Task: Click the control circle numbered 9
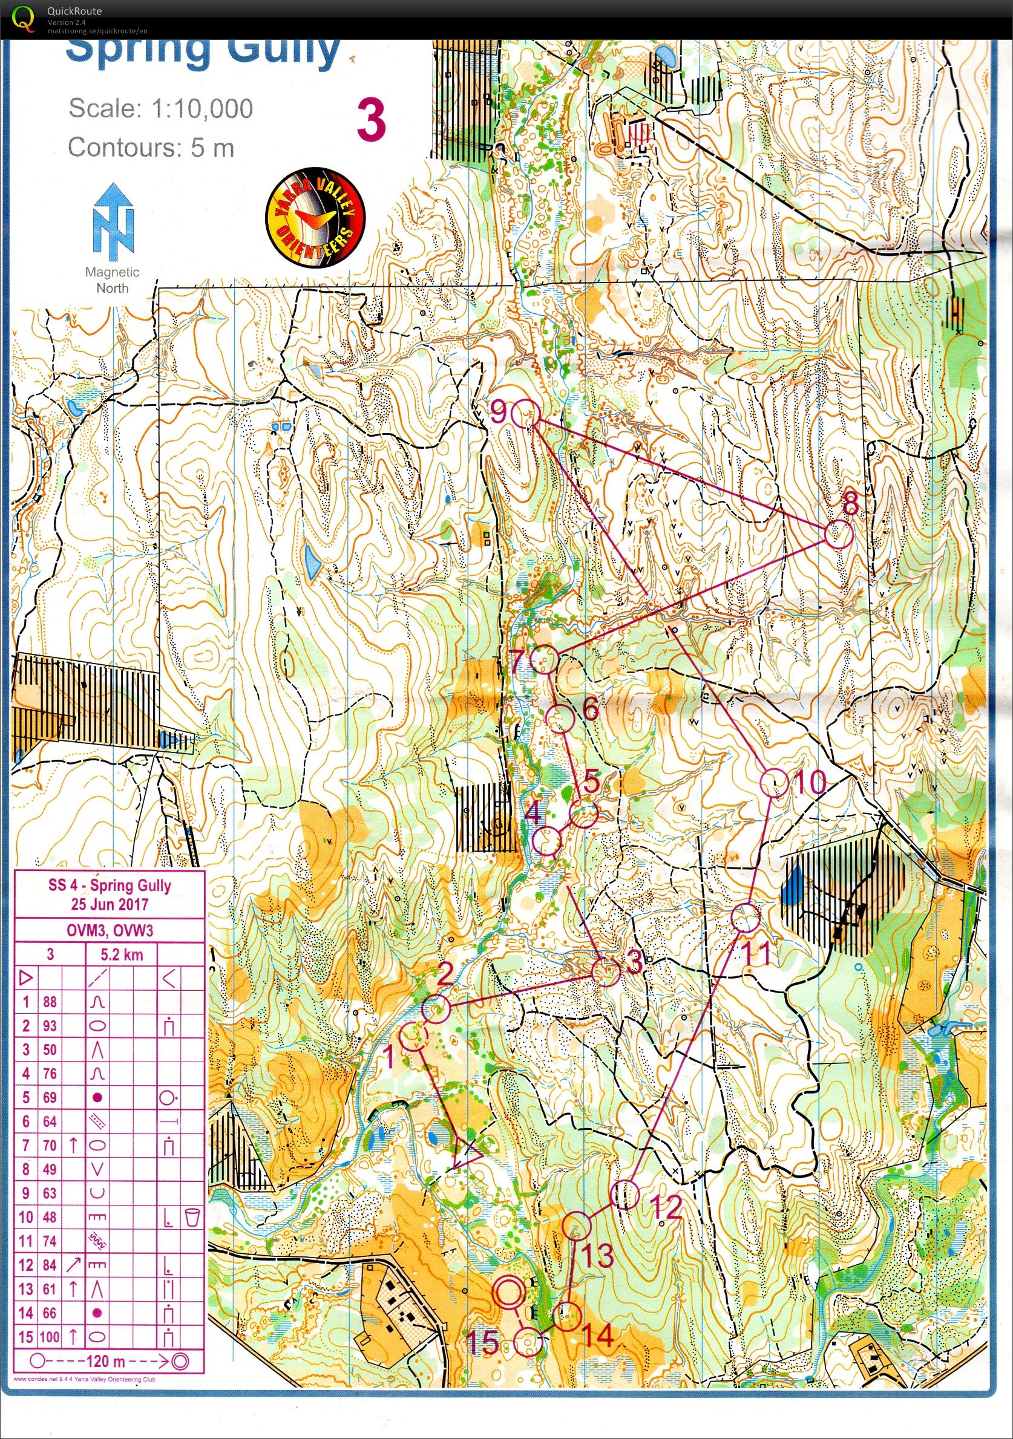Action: (525, 414)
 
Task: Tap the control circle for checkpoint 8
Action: (839, 535)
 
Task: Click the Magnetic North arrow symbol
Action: (113, 223)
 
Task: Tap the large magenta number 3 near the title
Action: (371, 121)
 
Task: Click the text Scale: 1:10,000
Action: (160, 108)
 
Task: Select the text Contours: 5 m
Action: (151, 148)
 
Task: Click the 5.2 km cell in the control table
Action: (122, 954)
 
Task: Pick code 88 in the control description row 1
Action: (50, 1002)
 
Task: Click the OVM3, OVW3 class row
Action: (110, 930)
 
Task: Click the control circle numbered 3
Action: (606, 971)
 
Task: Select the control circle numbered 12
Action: (625, 1195)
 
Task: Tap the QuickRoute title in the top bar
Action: (74, 11)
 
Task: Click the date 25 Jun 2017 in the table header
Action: (110, 904)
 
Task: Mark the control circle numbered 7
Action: (544, 659)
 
